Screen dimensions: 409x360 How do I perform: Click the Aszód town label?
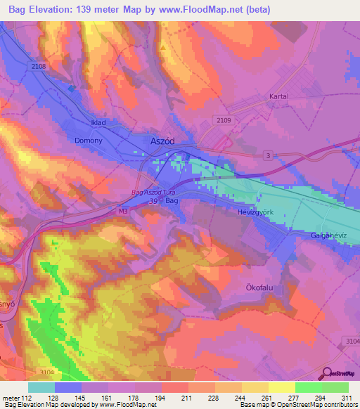tap(162, 141)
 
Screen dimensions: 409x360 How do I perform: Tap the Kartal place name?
tap(279, 96)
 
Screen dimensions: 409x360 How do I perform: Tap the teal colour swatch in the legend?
tap(41, 387)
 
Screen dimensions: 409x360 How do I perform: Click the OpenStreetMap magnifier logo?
tap(328, 374)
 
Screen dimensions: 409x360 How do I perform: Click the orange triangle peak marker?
tap(163, 48)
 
